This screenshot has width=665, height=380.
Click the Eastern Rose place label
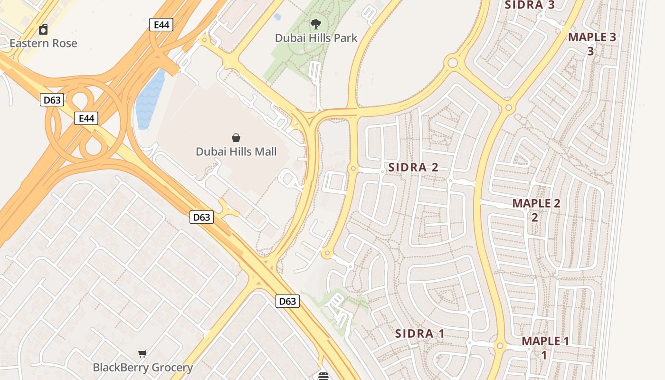click(43, 43)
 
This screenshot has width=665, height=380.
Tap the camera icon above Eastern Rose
click(43, 29)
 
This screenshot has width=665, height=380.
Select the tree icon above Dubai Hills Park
click(315, 24)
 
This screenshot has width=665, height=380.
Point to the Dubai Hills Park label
click(316, 38)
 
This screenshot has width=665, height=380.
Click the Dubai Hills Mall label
click(236, 152)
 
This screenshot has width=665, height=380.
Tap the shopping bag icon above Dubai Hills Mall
click(236, 138)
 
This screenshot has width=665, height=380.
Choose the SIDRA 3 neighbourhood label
click(530, 5)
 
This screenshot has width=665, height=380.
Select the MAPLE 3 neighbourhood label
click(592, 37)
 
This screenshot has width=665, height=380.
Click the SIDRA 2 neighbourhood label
click(413, 167)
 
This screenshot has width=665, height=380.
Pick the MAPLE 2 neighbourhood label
click(536, 204)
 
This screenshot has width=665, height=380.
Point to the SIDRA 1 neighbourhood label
click(419, 333)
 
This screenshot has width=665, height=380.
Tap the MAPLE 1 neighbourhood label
click(545, 341)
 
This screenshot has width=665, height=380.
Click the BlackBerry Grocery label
click(142, 367)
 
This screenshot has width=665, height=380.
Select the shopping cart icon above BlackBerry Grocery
click(142, 353)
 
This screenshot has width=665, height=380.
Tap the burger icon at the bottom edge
click(323, 376)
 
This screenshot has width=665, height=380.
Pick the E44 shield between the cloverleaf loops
click(86, 118)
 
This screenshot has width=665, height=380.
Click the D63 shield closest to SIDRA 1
click(287, 301)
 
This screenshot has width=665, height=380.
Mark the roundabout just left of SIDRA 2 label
click(352, 169)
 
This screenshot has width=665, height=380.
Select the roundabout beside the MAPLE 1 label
click(500, 346)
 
